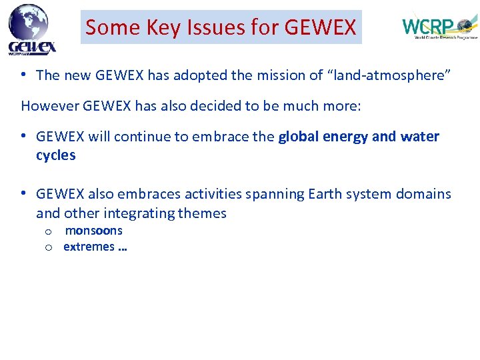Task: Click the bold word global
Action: point(298,137)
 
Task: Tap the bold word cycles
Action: point(56,155)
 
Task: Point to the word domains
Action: point(423,194)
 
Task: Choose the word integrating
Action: point(148,213)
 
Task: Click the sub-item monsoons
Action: point(94,231)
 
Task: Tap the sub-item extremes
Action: point(89,247)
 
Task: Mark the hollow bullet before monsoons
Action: point(49,231)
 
